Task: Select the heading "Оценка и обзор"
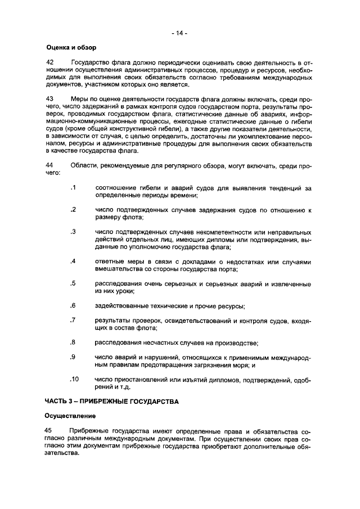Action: click(71, 47)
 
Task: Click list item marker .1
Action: click(73, 187)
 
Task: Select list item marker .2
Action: click(73, 209)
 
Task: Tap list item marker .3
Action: click(73, 231)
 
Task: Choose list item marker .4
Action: click(73, 261)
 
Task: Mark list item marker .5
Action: click(73, 283)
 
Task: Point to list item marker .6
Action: click(73, 305)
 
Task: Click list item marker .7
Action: click(73, 320)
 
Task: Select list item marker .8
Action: click(73, 342)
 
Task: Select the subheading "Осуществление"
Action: click(70, 416)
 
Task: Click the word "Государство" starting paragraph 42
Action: click(91, 61)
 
